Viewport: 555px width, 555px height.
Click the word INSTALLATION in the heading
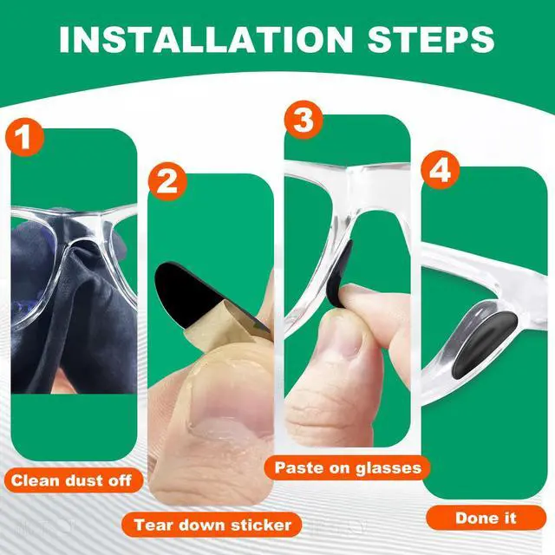pos(206,39)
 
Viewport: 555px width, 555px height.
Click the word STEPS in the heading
pos(431,39)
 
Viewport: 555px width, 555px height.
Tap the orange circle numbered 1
pos(24,137)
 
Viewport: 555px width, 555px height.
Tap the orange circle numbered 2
pos(167,182)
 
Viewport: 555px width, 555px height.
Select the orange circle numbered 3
pos(304,120)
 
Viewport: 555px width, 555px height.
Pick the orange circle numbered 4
pos(440,170)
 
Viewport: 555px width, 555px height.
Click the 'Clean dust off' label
pos(73,480)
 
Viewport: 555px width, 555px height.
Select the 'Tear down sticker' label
pos(212,525)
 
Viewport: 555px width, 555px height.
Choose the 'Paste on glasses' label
pos(347,467)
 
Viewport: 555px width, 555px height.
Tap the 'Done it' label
pos(486,518)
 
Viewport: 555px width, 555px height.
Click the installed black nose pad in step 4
pos(485,343)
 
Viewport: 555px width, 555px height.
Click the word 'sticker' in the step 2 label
pos(261,525)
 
